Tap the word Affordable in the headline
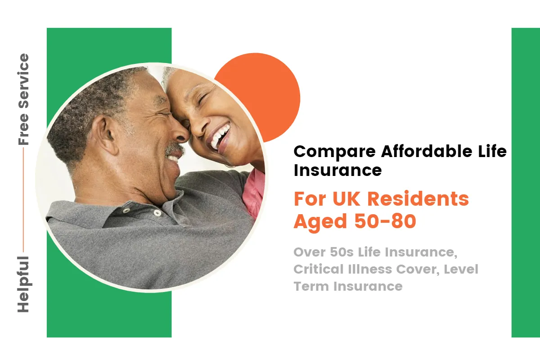click(427, 151)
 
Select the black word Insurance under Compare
click(338, 170)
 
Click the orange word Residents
click(418, 199)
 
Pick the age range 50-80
click(385, 221)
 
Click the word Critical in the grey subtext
click(318, 269)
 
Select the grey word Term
click(311, 287)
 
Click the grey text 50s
click(342, 252)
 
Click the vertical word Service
click(23, 81)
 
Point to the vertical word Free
click(23, 129)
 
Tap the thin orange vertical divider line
click(23, 200)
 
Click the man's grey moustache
click(174, 148)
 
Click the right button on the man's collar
click(157, 213)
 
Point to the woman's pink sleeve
click(254, 193)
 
